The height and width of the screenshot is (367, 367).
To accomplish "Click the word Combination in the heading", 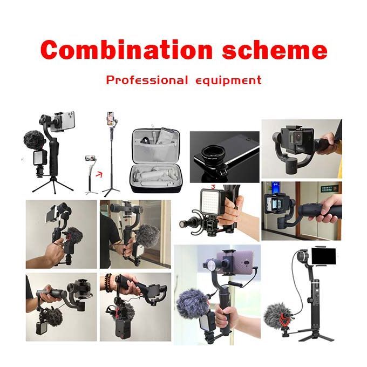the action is pyautogui.click(x=126, y=50).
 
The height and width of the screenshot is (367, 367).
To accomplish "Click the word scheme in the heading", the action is pyautogui.click(x=275, y=50).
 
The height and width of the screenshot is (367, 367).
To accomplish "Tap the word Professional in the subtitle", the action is pyautogui.click(x=147, y=80).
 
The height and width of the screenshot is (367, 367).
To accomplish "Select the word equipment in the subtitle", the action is pyautogui.click(x=228, y=81).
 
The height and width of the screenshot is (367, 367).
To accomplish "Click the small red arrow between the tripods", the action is pyautogui.click(x=99, y=174).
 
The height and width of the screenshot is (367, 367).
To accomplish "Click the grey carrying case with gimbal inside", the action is pyautogui.click(x=155, y=160).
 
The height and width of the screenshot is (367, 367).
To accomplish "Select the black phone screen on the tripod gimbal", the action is pyautogui.click(x=323, y=256).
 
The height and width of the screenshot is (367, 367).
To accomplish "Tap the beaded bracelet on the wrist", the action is pyautogui.click(x=108, y=283).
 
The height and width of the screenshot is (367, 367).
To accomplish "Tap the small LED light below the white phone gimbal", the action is pyautogui.click(x=40, y=158).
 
